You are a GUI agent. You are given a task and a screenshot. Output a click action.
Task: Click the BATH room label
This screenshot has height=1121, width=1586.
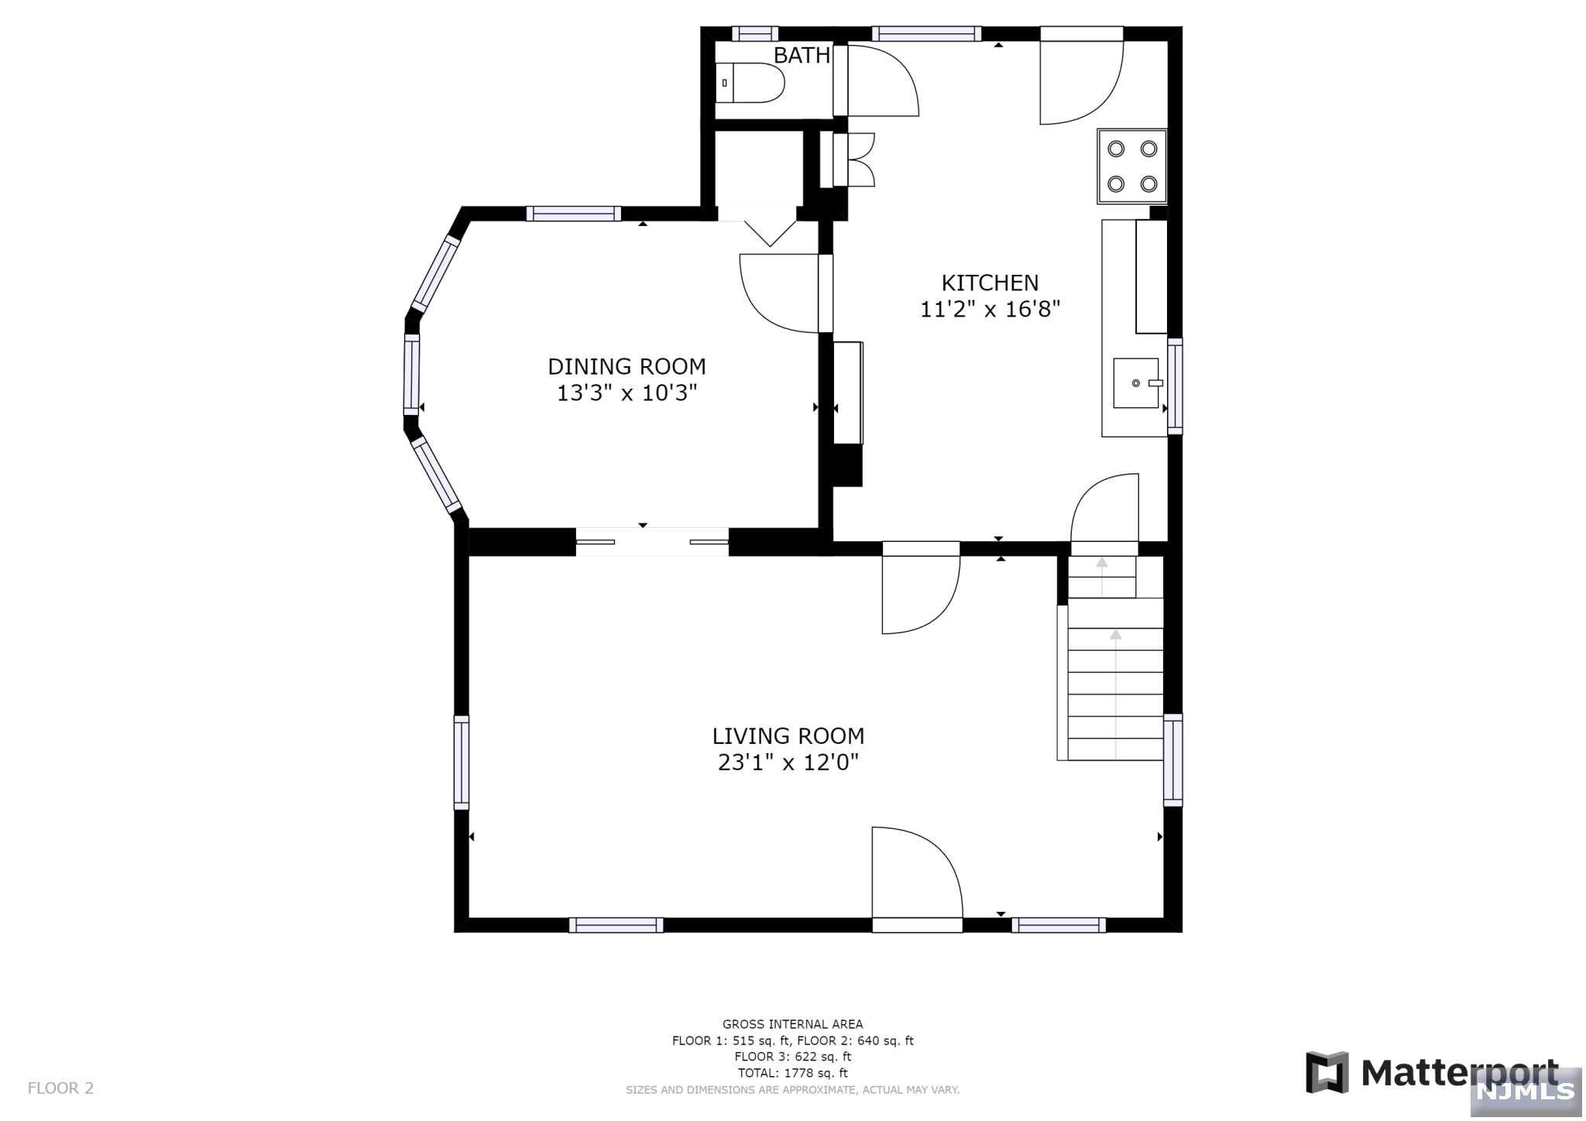[802, 56]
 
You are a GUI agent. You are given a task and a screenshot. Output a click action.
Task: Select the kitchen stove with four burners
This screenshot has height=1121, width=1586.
[1131, 166]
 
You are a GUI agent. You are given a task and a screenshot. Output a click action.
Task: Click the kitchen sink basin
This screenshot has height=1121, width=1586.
[1135, 383]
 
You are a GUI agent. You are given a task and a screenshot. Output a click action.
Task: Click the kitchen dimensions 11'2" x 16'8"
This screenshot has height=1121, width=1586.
[990, 310]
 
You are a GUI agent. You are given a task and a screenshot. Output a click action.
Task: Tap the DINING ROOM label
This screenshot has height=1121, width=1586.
[627, 366]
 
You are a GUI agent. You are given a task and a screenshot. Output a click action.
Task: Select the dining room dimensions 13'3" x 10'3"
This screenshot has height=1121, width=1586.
[627, 393]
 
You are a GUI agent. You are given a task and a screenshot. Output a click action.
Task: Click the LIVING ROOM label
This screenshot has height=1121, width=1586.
[788, 735]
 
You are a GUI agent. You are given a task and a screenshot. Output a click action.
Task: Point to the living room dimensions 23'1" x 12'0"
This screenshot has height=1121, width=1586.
[788, 763]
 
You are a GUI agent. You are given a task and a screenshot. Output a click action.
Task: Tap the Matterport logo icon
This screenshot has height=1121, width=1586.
[1327, 1072]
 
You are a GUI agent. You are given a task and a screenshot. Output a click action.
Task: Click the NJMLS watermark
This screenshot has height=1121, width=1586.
[1527, 1091]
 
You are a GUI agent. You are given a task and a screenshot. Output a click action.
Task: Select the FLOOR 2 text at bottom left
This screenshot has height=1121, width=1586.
[60, 1088]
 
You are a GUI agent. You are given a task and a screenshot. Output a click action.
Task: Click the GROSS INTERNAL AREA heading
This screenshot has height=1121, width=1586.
[792, 1024]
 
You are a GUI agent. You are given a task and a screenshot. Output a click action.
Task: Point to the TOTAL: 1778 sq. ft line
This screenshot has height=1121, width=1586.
[792, 1073]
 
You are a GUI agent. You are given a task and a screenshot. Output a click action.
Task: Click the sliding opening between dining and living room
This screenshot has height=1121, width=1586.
[651, 542]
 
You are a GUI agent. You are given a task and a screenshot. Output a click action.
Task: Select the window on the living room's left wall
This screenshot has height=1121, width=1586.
[462, 763]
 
